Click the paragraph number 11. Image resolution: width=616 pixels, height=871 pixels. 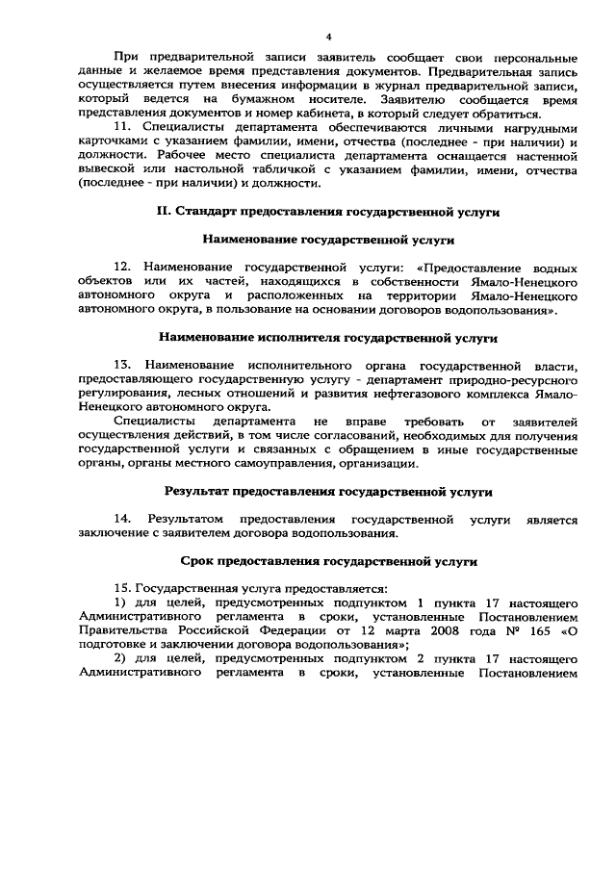(x=121, y=127)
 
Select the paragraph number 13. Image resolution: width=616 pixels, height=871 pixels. (x=121, y=367)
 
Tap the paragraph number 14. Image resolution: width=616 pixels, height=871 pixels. (x=121, y=520)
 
